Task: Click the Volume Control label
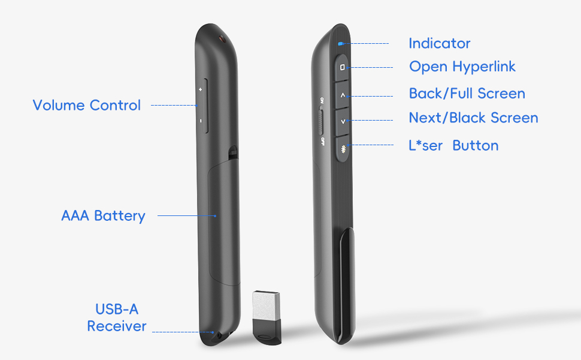[x=86, y=106]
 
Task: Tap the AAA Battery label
[x=103, y=215]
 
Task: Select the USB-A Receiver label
[x=117, y=318]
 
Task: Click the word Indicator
[x=439, y=43]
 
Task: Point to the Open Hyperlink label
[x=462, y=67]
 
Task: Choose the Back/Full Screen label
[x=467, y=94]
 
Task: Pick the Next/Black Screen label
[x=473, y=118]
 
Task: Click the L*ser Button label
[x=453, y=146]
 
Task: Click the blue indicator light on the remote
[x=340, y=43]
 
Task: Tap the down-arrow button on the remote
[x=342, y=121]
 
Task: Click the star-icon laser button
[x=343, y=148]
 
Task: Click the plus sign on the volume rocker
[x=201, y=89]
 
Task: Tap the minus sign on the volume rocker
[x=201, y=121]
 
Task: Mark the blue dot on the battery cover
[x=216, y=215]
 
